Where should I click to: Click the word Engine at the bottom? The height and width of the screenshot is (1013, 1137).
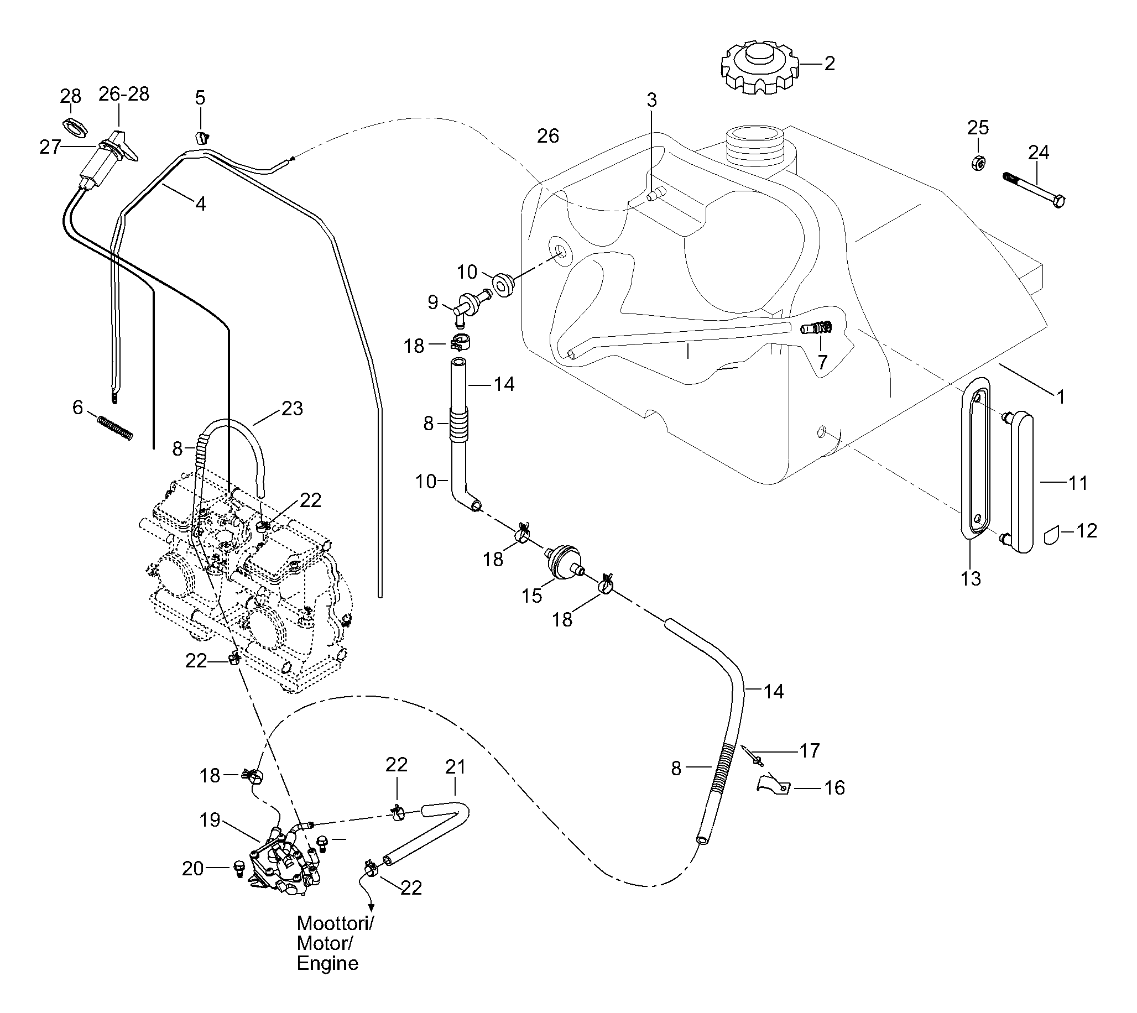(x=327, y=963)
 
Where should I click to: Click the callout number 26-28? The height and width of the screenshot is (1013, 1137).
(x=124, y=94)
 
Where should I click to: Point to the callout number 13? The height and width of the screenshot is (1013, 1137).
(x=971, y=579)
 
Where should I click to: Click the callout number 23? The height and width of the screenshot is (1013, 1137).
(x=292, y=409)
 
